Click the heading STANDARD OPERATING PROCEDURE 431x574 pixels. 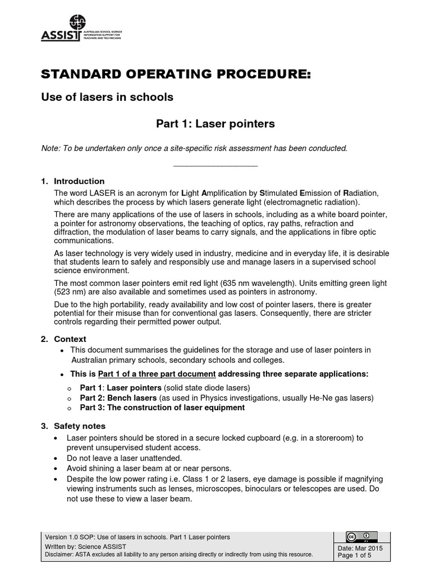coord(176,75)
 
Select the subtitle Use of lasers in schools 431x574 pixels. coord(108,97)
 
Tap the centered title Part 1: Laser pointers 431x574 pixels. coord(215,123)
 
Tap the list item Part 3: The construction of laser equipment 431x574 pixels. coord(162,408)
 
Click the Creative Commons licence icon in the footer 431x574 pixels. coord(361,536)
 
